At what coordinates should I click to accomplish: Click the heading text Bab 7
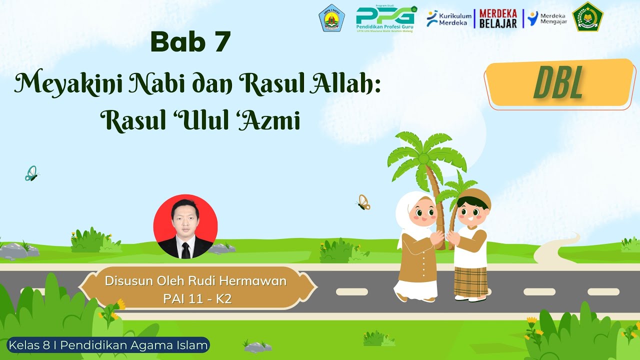coord(190,42)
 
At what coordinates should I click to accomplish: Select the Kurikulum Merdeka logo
coord(449,18)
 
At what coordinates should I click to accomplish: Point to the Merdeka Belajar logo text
coord(497,18)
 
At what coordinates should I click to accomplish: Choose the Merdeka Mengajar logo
coord(547,18)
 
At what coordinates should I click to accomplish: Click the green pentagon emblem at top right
coord(587,17)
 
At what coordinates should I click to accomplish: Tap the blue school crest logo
coord(331,18)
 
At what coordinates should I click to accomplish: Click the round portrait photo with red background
coord(185,226)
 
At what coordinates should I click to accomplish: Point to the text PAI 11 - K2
coord(197,298)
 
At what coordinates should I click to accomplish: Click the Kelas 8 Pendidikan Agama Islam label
coord(108,344)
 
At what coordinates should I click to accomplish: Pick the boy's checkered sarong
coord(470,281)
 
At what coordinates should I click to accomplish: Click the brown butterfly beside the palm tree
coord(363,202)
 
